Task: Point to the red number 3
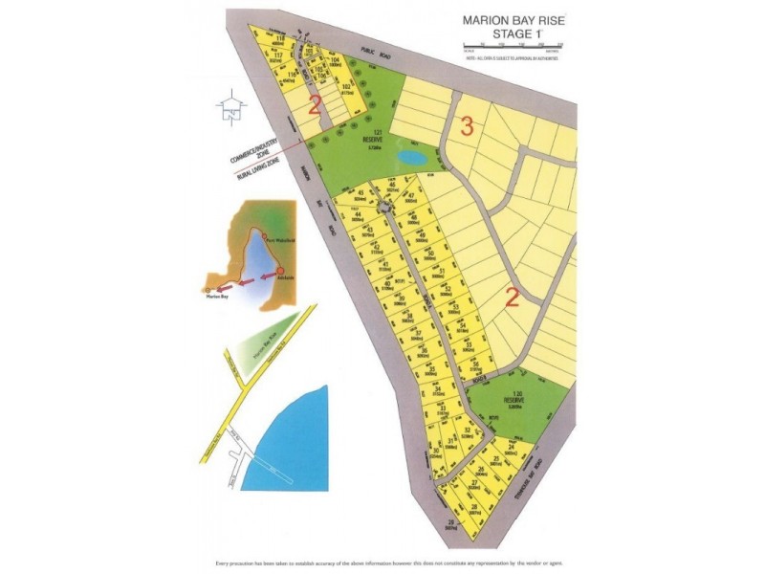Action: [467, 125]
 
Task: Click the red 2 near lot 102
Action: [314, 102]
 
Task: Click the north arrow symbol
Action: [229, 108]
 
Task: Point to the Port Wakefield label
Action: [283, 240]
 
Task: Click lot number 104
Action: [335, 59]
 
